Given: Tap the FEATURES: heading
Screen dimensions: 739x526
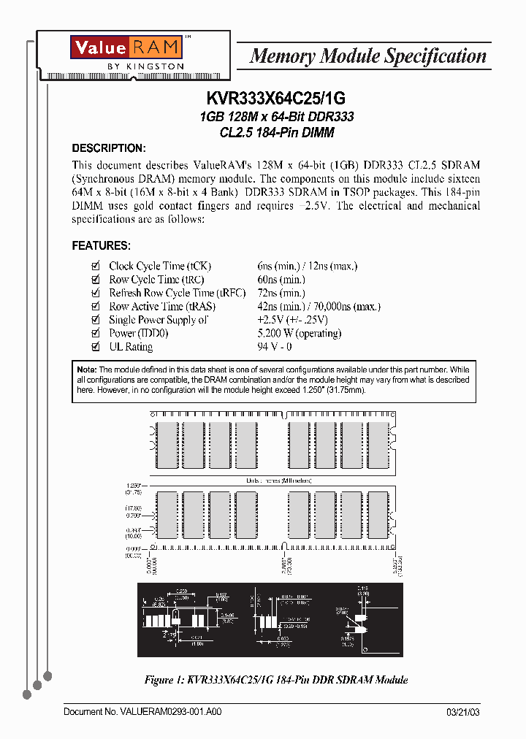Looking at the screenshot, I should [x=101, y=245].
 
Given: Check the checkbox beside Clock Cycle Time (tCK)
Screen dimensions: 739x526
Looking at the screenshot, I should [x=94, y=267].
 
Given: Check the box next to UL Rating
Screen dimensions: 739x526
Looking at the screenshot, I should [x=94, y=347].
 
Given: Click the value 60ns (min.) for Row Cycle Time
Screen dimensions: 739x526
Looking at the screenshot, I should [x=281, y=280].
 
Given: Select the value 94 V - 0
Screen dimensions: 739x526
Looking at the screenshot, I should [x=275, y=347].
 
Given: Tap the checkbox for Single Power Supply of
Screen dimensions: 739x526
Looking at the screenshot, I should [x=94, y=320].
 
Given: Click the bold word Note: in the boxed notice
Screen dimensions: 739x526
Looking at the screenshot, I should [x=86, y=370].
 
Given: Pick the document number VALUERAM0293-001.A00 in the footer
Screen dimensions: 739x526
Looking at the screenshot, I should [x=142, y=712].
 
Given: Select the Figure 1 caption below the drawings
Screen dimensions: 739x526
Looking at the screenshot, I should [x=276, y=680].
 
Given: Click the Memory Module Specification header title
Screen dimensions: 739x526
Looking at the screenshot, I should [x=367, y=56].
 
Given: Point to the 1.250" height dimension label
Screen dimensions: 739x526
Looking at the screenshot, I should [x=134, y=484].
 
